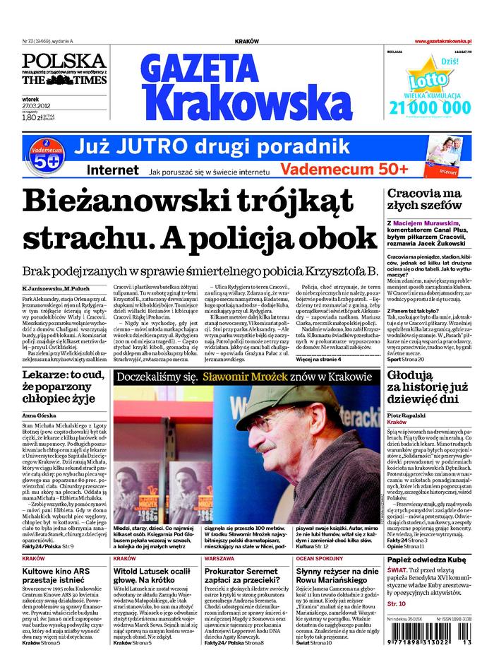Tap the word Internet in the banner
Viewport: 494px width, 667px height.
(112, 170)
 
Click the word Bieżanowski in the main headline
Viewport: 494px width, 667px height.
(117, 202)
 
